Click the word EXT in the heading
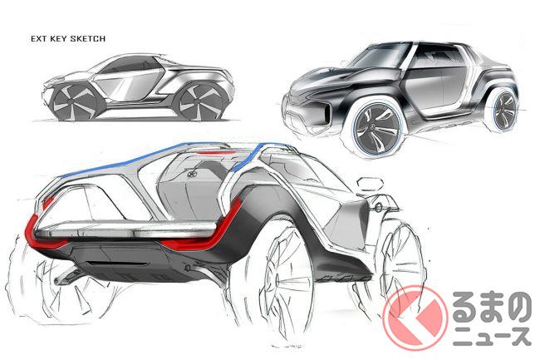point(39,38)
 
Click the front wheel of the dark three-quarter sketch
point(376,129)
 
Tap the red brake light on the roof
point(214,153)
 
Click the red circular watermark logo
point(415,318)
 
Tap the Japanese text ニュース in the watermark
point(492,336)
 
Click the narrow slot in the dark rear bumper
point(117,264)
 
